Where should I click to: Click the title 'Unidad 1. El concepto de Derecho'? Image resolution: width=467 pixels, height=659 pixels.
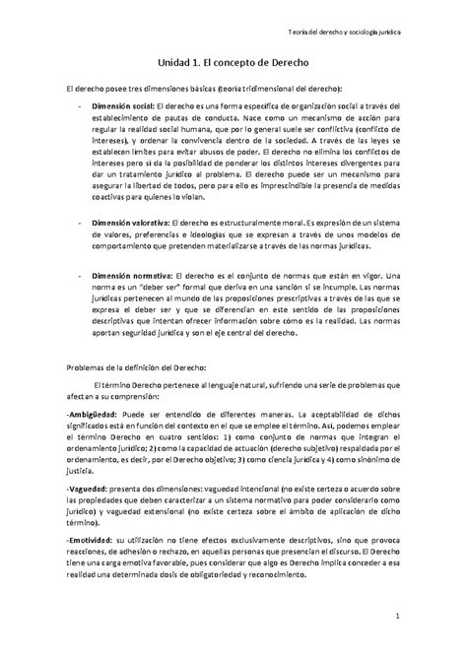[x=233, y=61]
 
